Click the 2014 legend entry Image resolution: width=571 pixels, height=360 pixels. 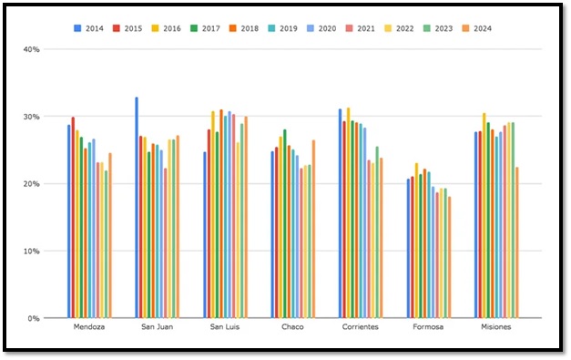(x=89, y=29)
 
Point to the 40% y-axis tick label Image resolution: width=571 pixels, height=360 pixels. (x=31, y=49)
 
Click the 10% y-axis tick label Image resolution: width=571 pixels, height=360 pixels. (x=31, y=251)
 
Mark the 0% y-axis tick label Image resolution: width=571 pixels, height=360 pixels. (x=33, y=318)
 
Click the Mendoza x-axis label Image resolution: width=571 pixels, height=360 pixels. (x=88, y=326)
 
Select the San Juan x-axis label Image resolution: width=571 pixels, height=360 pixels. (x=157, y=326)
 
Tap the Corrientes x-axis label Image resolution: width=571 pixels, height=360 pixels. (x=361, y=326)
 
